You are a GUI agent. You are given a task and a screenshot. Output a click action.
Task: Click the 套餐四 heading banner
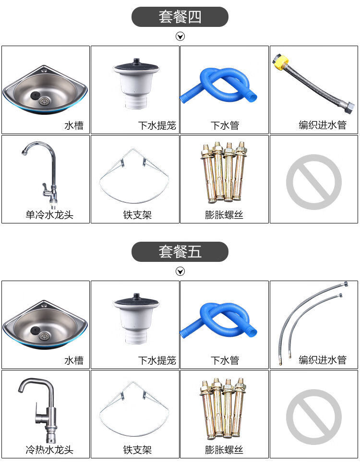[180, 17]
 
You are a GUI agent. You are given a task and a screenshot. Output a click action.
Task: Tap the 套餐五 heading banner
[180, 252]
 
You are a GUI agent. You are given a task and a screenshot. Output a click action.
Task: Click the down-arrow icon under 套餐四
[180, 37]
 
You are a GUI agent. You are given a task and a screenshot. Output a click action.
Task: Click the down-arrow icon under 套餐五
[180, 271]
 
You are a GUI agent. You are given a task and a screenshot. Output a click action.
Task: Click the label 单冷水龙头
[49, 215]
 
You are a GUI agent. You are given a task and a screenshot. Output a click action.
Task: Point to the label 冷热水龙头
[49, 449]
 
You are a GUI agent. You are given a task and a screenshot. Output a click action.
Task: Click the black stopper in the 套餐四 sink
[35, 95]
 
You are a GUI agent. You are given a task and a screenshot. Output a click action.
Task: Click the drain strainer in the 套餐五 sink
[44, 336]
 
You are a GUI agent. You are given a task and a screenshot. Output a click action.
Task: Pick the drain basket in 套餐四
[136, 83]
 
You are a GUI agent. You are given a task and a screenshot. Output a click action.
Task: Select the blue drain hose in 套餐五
[218, 320]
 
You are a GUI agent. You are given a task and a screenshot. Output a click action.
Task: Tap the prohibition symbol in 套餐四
[314, 182]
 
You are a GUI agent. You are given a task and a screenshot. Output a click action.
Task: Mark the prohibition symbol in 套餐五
[314, 417]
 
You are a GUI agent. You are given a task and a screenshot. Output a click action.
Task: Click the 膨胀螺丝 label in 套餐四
[224, 215]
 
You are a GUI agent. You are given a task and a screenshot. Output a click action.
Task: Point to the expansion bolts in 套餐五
[223, 408]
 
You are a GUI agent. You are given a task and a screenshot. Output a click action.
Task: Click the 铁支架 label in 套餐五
[137, 449]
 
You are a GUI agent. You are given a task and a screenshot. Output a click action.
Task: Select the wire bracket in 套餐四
[134, 176]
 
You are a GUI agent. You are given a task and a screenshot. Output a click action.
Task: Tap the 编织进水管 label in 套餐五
[323, 360]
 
